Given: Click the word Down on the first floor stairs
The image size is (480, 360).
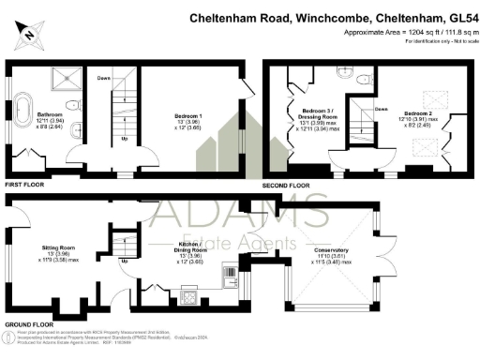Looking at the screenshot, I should [x=105, y=77].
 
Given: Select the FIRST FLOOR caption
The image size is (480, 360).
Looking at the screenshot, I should [x=24, y=186].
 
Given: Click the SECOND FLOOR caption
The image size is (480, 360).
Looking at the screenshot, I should [x=286, y=186].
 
